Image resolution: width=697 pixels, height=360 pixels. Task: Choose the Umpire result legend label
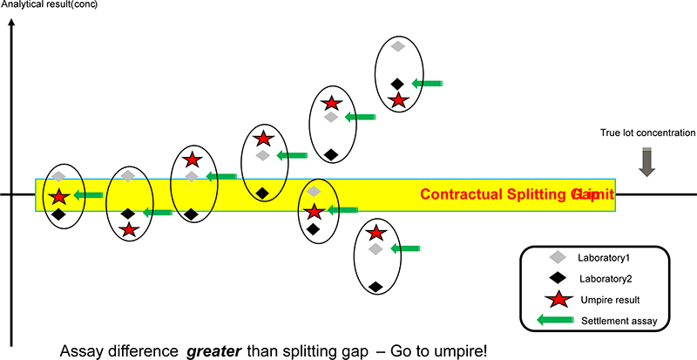pyautogui.click(x=609, y=301)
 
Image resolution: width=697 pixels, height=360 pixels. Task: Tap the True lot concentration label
pyautogui.click(x=647, y=132)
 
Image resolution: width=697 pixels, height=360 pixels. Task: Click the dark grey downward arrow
pyautogui.click(x=646, y=162)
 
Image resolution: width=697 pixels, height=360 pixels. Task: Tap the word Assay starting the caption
pyautogui.click(x=83, y=350)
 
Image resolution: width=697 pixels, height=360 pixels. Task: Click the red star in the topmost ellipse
pyautogui.click(x=398, y=100)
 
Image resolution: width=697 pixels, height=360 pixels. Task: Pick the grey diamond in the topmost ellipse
pyautogui.click(x=397, y=46)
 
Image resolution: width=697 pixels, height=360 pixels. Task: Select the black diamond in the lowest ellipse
pyautogui.click(x=375, y=285)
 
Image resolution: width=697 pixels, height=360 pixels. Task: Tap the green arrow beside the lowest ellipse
pyautogui.click(x=406, y=248)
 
